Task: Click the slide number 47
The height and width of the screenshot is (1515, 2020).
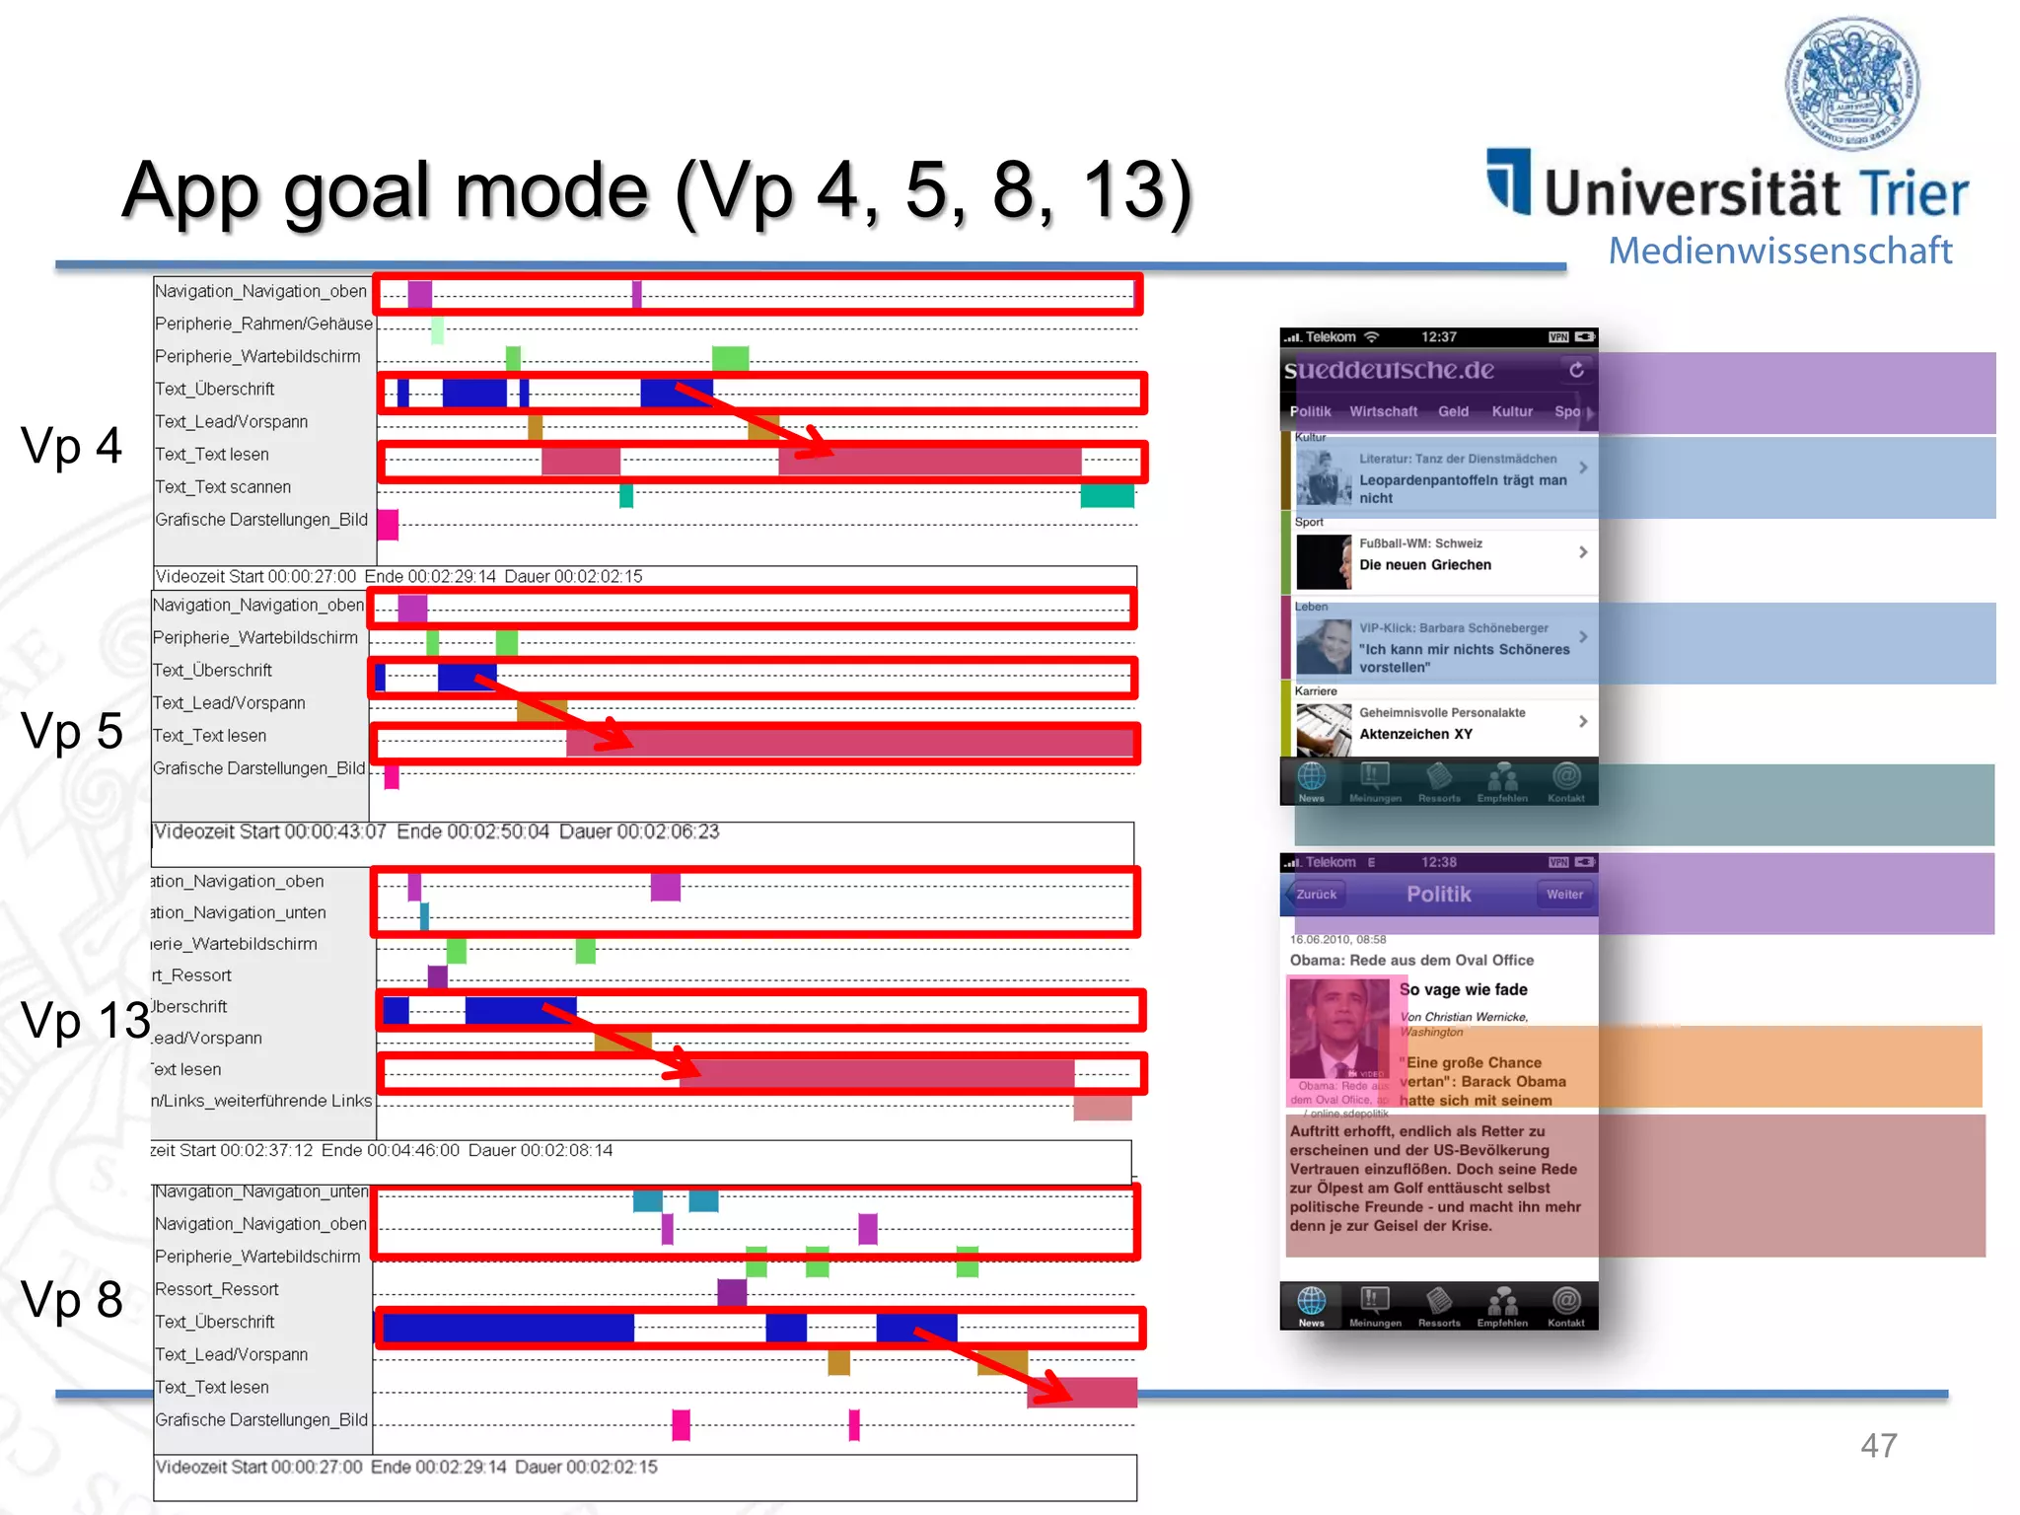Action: point(1878,1446)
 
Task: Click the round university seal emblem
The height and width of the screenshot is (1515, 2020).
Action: point(1852,83)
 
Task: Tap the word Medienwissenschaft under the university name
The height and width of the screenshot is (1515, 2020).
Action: point(1779,251)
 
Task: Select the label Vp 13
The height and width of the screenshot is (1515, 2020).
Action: point(85,1020)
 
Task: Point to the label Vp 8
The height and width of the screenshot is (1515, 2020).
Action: point(71,1299)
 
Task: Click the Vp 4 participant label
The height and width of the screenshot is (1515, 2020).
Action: point(71,445)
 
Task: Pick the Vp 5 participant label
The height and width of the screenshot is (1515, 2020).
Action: point(71,731)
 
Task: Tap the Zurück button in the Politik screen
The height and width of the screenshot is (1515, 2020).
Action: point(1316,895)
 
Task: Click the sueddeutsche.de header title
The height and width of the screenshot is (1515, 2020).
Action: point(1389,371)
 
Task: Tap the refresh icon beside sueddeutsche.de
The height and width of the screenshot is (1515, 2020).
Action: point(1576,370)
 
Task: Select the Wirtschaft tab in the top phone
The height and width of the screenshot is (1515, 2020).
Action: point(1383,411)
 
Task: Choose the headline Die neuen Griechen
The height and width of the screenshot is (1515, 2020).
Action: point(1424,565)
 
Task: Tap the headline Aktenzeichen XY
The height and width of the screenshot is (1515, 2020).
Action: point(1414,734)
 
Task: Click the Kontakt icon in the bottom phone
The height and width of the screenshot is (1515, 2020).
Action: point(1566,1306)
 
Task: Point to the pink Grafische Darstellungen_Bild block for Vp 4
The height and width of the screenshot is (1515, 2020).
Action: point(388,524)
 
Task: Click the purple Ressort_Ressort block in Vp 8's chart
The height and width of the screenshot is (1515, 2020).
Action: point(732,1291)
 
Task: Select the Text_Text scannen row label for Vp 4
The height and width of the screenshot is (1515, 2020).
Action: point(223,487)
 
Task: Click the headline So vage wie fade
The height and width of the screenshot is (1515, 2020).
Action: point(1464,989)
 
